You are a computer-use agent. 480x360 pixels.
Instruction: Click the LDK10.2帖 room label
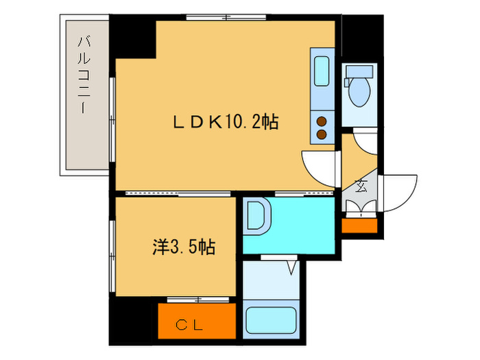224,122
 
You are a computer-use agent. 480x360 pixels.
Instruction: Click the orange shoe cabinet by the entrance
359,224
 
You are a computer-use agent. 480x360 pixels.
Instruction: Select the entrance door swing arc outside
401,192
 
